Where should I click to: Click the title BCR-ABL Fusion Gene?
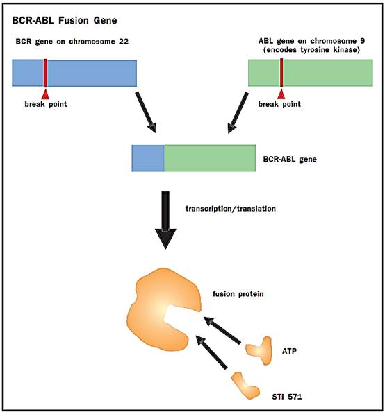point(65,20)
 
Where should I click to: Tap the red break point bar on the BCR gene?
point(46,73)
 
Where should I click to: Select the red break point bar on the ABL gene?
point(281,73)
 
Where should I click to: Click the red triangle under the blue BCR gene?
point(46,94)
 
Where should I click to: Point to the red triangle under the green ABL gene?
point(281,94)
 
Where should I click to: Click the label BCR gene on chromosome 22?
point(72,42)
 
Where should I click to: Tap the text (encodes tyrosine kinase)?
point(311,50)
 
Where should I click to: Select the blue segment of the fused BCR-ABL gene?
point(148,158)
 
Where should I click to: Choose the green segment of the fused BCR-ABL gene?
point(210,158)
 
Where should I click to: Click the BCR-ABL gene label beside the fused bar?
point(290,159)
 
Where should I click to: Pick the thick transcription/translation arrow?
point(165,220)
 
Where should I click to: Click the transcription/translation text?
point(231,209)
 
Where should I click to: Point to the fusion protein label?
point(238,294)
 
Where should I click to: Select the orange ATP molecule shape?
point(259,350)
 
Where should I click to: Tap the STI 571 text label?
point(287,396)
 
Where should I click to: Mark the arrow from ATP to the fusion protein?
point(222,330)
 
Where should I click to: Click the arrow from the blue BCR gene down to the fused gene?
point(146,112)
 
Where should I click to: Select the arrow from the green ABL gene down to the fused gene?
point(238,112)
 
